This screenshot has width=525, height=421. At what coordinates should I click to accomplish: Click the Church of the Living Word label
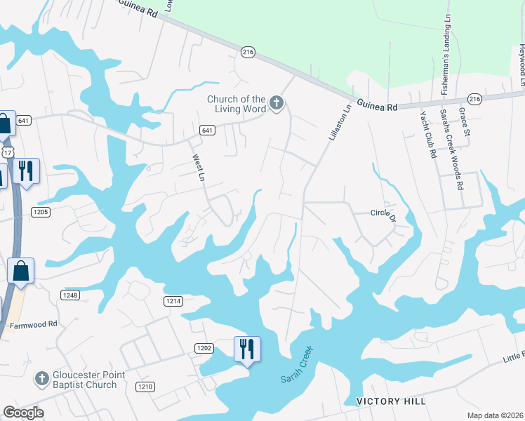point(236,104)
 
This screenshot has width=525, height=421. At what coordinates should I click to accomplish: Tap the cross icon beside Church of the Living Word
point(277,104)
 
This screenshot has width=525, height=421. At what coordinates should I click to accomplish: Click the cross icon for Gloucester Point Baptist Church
point(41,379)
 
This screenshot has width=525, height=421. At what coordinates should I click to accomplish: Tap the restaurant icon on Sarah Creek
point(247,348)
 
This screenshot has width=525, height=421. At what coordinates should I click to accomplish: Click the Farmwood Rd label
point(33,326)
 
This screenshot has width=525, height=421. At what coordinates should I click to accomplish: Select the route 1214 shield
point(173,301)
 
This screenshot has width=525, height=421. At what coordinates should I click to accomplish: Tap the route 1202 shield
point(204,347)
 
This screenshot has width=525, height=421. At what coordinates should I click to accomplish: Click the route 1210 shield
point(145,387)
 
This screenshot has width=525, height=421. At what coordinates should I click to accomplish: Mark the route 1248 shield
point(69,295)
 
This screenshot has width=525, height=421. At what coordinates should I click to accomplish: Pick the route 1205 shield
point(41,211)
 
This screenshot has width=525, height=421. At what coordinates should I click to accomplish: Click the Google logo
point(24,412)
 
